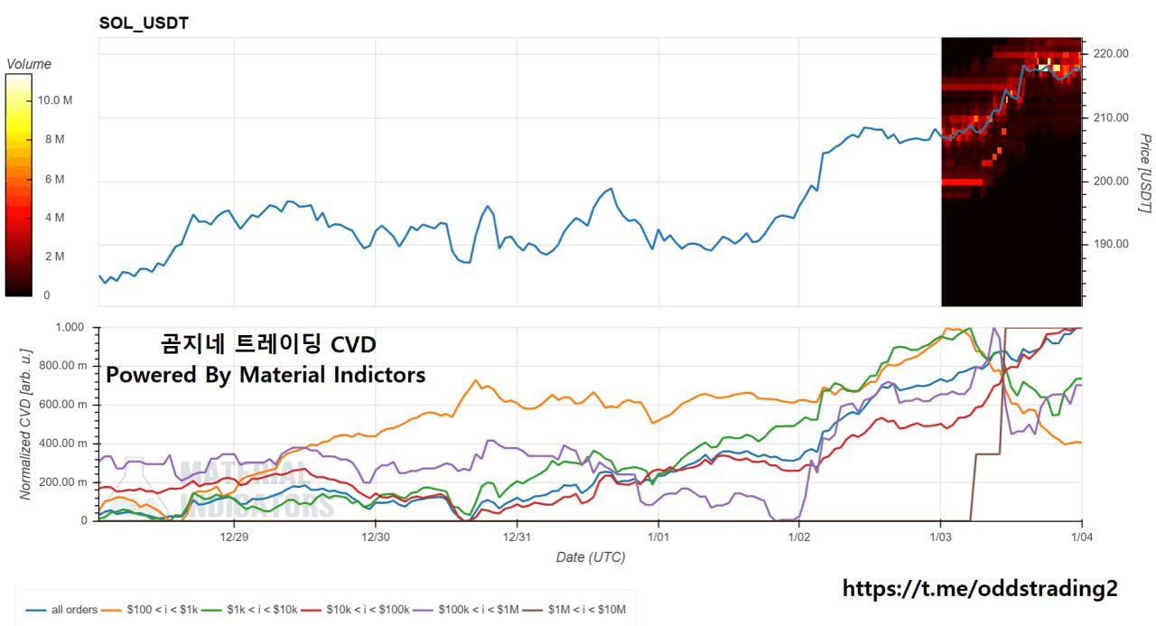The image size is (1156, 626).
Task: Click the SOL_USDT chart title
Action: click(144, 23)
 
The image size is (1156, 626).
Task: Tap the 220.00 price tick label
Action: click(1110, 53)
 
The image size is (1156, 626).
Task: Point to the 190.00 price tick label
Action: click(1110, 244)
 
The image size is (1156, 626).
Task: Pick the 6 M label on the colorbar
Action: click(53, 179)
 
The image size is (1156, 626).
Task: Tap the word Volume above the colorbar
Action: click(29, 64)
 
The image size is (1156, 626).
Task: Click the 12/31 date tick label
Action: click(517, 537)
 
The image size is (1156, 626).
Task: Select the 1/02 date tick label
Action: click(800, 537)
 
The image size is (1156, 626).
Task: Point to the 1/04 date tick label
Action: click(1082, 537)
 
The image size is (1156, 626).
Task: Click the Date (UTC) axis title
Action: click(590, 557)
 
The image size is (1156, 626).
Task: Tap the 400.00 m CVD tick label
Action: click(70, 443)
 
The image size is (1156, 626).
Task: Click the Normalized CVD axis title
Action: click(27, 422)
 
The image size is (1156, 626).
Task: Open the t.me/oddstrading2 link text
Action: click(980, 589)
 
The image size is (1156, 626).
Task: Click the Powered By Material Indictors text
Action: click(266, 374)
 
